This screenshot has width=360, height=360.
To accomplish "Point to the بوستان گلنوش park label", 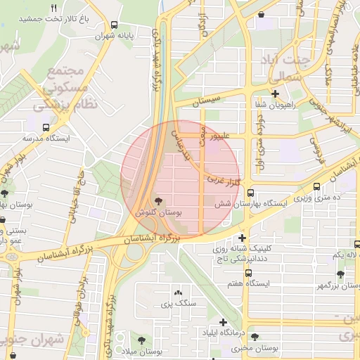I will coord(157,212).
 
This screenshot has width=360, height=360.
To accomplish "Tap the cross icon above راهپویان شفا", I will coord(275,94).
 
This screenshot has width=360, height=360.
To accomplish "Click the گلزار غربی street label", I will coord(224,183).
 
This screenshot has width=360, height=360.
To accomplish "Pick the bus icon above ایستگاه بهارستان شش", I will coord(251,194).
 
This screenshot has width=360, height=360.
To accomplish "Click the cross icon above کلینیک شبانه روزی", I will coord(243,238).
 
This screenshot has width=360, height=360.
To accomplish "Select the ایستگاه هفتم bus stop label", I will coord(245,283).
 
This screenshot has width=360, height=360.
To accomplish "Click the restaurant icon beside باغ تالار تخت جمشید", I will coord(53,8).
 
